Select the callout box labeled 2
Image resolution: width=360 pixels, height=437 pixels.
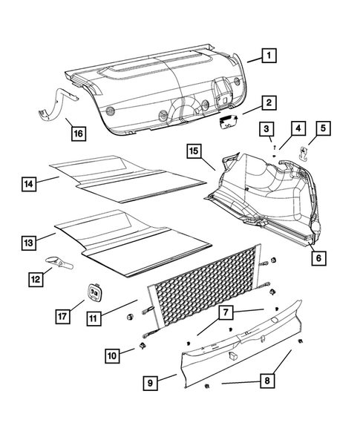coord(268,103)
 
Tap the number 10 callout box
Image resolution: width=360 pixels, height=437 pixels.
coord(111,356)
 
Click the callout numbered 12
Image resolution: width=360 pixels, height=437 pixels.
coord(36,280)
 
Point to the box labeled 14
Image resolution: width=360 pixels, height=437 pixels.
coord(29,183)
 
